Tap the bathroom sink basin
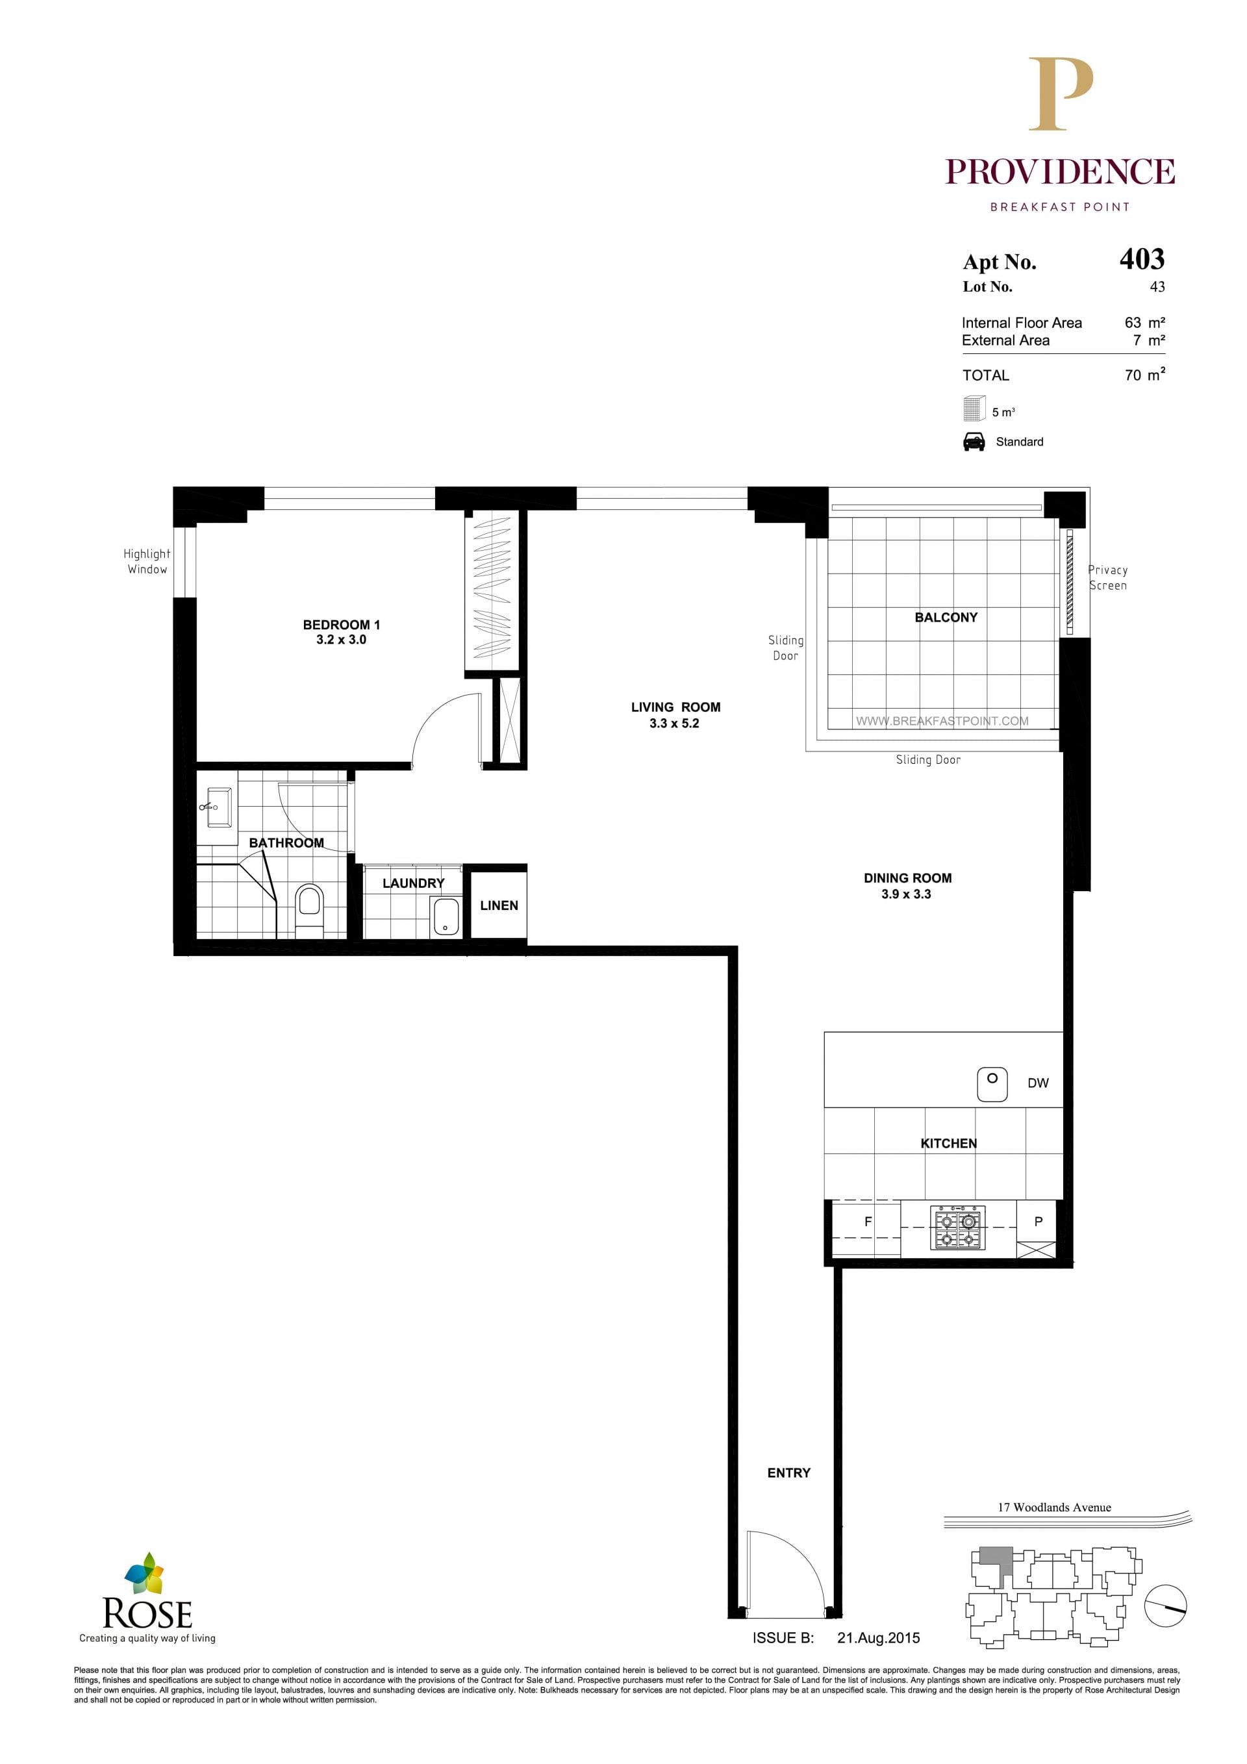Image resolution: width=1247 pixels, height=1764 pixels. [x=219, y=807]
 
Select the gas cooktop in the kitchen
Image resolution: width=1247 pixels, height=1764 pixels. [x=957, y=1228]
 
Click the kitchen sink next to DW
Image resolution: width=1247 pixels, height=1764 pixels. [x=992, y=1085]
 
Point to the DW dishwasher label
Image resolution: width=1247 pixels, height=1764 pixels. [x=1038, y=1083]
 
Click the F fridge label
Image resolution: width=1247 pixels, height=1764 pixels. [x=868, y=1222]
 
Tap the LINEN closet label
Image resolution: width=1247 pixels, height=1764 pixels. [x=499, y=906]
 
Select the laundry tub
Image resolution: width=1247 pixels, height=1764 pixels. [x=446, y=916]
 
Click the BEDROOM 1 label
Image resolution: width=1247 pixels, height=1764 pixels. [x=341, y=625]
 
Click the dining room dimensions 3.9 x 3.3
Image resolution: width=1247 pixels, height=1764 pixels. [x=907, y=894]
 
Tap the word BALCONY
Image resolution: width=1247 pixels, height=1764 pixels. [x=946, y=618]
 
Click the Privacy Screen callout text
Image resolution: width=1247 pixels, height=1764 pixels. [x=1108, y=578]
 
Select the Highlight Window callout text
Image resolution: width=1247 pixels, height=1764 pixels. [x=147, y=562]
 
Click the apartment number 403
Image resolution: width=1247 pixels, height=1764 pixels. [x=1142, y=259]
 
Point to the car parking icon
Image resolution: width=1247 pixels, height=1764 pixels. [x=974, y=442]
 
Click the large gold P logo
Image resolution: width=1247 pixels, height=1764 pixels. [x=1061, y=94]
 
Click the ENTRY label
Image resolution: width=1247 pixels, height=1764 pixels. [x=789, y=1473]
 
